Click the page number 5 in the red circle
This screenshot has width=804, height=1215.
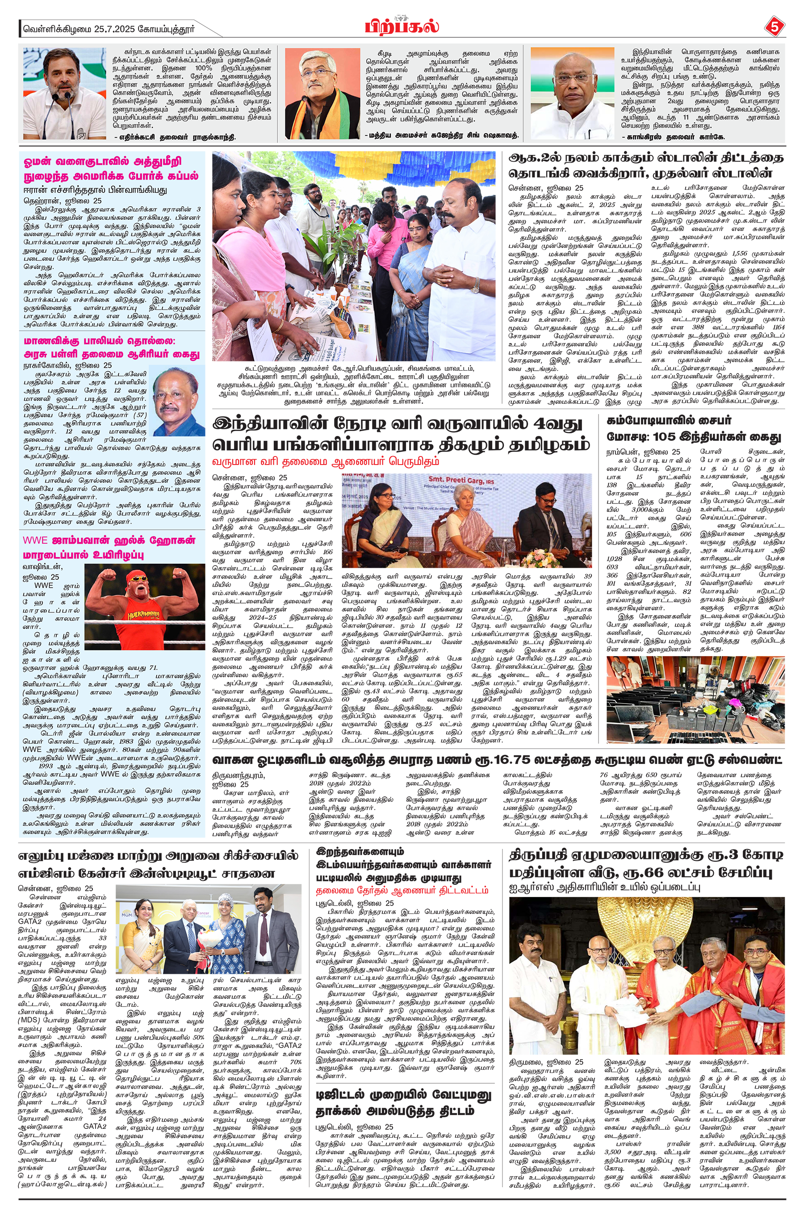point(773,27)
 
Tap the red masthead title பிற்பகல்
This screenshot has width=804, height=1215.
point(402,25)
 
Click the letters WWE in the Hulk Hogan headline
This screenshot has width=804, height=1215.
point(35,540)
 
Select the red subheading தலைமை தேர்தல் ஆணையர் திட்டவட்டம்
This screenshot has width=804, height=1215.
point(402,889)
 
